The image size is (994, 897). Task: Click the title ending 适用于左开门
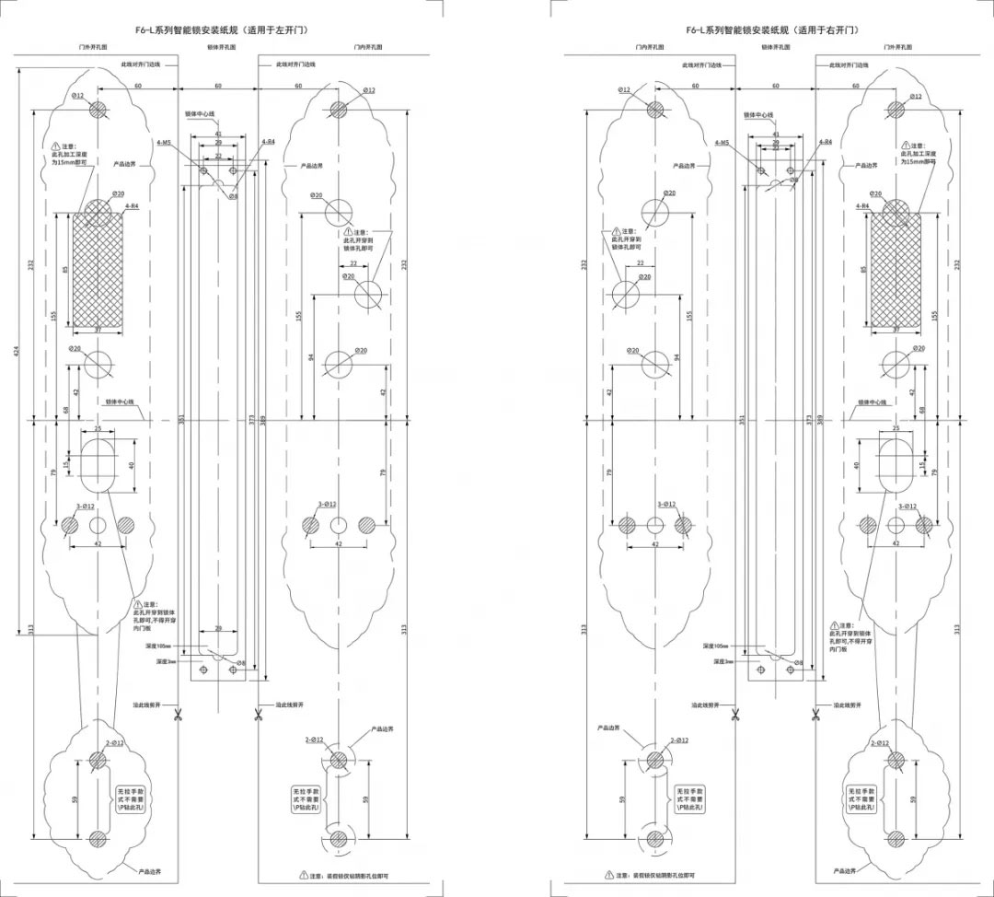(x=221, y=30)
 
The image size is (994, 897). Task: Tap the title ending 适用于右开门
(x=772, y=30)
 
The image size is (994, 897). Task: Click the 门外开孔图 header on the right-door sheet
(x=896, y=46)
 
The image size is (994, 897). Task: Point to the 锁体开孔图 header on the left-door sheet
(x=221, y=46)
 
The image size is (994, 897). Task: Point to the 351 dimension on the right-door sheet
(x=741, y=420)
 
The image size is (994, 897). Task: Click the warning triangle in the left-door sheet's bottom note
(x=303, y=874)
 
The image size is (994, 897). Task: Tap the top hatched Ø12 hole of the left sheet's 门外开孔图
(x=98, y=110)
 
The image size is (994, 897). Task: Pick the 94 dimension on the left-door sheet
(x=310, y=357)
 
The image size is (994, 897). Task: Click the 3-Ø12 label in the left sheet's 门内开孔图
(x=328, y=505)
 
